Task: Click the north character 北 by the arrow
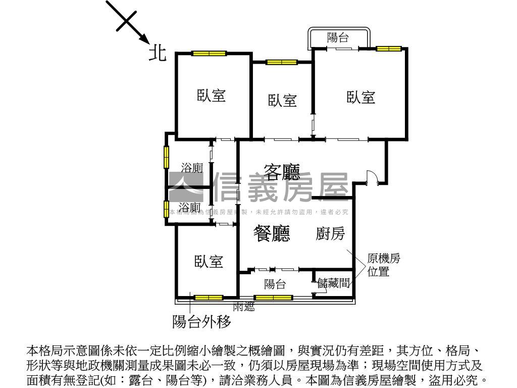pos(157,53)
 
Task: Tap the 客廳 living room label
pos(282,172)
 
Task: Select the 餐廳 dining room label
pos(272,233)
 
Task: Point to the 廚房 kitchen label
pos(330,233)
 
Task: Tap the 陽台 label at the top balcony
pos(338,37)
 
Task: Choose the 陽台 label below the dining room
pos(275,284)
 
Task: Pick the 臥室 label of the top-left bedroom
pos(211,95)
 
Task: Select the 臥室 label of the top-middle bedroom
pos(282,100)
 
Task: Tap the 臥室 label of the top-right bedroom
pos(361,97)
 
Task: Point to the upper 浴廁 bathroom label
pos(192,167)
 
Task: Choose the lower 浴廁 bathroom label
pos(190,207)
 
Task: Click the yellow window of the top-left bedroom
pos(209,53)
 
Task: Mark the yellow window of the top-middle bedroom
pos(282,62)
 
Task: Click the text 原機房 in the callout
pos(384,259)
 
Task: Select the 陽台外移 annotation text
pos(201,321)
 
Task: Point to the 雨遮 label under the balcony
pos(243,306)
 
